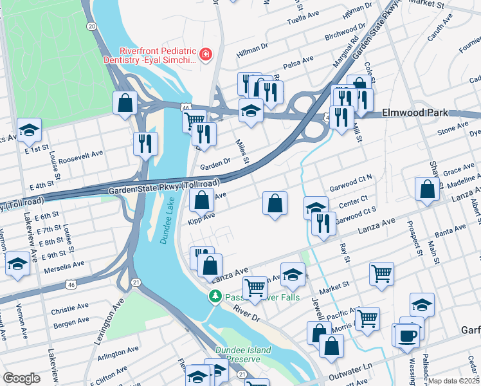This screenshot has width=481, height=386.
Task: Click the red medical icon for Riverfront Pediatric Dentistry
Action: coord(205,55)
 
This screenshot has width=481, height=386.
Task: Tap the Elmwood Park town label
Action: coord(414,113)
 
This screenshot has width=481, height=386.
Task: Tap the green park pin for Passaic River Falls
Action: coord(215,297)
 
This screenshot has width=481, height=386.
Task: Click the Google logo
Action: coord(22,378)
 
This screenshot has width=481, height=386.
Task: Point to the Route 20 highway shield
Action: coord(92,26)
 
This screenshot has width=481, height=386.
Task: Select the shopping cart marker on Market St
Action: coord(381,273)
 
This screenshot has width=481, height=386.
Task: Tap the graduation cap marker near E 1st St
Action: coord(29,131)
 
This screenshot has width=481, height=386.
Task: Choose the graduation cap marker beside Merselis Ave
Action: coord(17,264)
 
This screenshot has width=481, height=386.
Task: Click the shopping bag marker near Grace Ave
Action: coord(426,189)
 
